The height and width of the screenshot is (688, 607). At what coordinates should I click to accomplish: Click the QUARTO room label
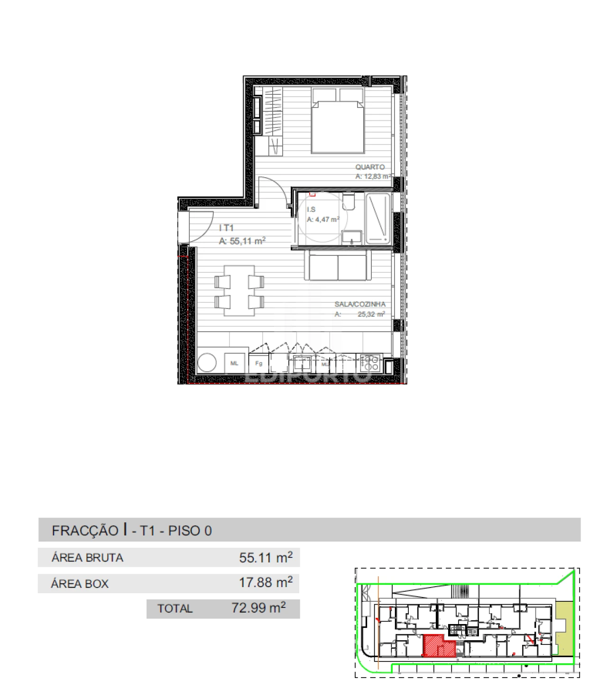pos(370,167)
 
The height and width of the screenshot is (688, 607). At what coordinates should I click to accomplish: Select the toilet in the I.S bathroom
pos(349,202)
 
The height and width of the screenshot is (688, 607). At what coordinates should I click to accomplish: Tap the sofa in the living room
pos(338,266)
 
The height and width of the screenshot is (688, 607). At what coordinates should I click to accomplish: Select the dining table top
pos(239,290)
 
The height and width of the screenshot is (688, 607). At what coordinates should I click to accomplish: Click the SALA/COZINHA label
pos(360,304)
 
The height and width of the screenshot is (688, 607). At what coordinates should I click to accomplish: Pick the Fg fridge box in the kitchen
pos(258,363)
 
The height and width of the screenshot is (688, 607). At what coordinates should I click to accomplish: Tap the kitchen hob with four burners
pos(370,363)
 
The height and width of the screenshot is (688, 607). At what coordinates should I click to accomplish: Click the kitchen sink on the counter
pos(302,364)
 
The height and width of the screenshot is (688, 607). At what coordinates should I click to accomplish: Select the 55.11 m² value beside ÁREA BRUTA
pos(266,558)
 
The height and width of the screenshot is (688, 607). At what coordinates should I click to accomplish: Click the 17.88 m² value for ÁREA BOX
pos(266,583)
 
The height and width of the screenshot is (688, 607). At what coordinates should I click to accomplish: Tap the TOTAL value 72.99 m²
pos(258,608)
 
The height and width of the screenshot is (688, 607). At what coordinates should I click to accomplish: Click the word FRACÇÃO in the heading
pos(85,531)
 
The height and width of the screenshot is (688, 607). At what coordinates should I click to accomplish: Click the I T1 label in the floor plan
pos(227,228)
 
